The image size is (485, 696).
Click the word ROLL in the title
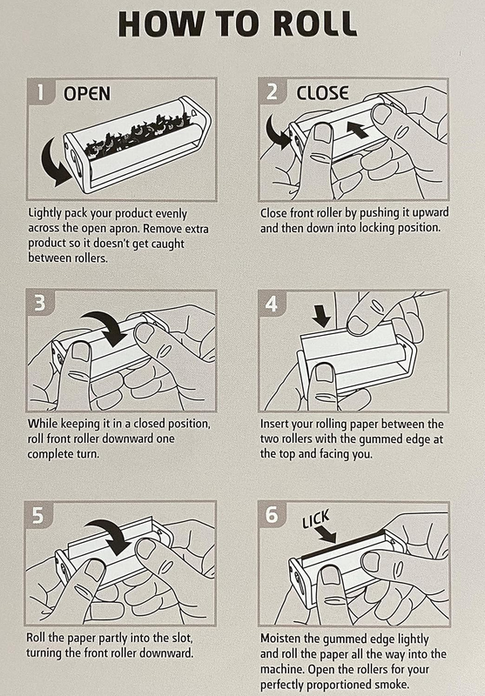tap(314, 23)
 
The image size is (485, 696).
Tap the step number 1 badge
tap(41, 92)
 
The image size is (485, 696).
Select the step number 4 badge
tap(271, 304)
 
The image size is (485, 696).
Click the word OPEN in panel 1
tap(87, 94)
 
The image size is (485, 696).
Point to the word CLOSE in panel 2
tap(322, 93)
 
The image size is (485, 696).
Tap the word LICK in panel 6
tap(316, 519)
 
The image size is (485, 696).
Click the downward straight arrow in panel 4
tap(320, 316)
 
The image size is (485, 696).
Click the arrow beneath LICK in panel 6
tap(327, 534)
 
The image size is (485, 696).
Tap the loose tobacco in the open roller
tap(138, 133)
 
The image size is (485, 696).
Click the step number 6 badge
tap(272, 515)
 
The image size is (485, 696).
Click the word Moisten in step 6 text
tap(280, 639)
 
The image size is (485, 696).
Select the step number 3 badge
tap(40, 303)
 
